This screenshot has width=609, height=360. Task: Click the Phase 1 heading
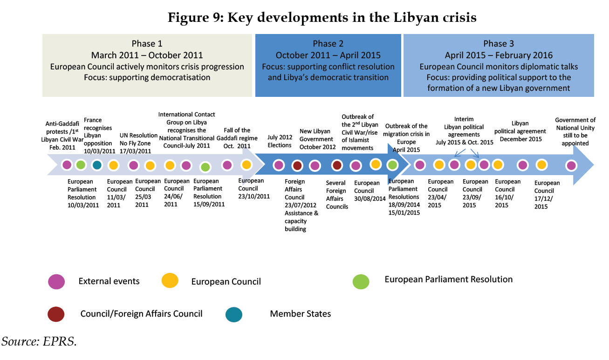147,43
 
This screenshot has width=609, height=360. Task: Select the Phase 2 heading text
328,43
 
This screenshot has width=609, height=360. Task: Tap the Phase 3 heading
499,43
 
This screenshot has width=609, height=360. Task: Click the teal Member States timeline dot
97,165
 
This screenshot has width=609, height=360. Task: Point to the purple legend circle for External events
56,281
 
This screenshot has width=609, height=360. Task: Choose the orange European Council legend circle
170,281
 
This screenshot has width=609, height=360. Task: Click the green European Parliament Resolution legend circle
361,281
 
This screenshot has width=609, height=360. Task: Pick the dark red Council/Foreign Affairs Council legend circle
56,314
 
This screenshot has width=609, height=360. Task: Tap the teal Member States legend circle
234,314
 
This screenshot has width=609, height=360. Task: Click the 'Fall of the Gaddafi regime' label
237,138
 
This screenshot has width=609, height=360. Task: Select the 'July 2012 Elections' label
280,141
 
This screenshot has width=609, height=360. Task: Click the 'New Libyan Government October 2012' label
316,139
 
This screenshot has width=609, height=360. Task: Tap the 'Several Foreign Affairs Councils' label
337,195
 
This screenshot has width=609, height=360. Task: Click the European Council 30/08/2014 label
367,190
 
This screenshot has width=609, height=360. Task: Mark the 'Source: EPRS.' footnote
39,342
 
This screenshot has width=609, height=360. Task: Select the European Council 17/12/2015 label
547,195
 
